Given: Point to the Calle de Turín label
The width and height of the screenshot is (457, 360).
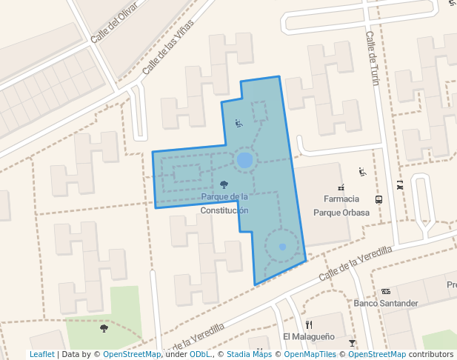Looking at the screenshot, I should click(372, 58).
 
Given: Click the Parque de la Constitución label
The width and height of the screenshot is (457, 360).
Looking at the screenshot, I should click(224, 203).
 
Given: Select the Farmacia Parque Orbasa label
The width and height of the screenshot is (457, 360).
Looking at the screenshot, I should click(341, 205).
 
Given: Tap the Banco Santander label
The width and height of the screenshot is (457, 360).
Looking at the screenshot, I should click(386, 303).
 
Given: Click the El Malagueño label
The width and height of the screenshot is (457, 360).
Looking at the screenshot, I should click(309, 336).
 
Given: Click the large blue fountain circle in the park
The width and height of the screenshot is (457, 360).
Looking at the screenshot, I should click(244, 160).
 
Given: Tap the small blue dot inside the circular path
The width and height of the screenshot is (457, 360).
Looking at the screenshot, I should click(282, 247).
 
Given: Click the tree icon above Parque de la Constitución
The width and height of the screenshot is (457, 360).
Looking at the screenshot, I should click(224, 184).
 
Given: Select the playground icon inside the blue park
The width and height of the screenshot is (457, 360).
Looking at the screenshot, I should click(238, 124).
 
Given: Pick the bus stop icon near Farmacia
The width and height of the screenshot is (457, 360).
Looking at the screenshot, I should click(378, 199).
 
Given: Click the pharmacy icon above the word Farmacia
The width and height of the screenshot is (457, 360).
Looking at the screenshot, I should click(341, 187).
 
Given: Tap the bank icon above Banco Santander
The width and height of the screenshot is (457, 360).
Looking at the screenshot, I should click(385, 291).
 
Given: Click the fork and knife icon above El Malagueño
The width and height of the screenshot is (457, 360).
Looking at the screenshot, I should click(309, 324).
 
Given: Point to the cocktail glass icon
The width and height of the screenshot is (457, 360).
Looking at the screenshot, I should click(352, 343).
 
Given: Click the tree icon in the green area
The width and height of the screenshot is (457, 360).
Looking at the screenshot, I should click(103, 327).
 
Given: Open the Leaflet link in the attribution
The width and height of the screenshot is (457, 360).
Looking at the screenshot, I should click(41, 354).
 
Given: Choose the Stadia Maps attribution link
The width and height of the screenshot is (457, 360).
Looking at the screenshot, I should click(249, 354).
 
